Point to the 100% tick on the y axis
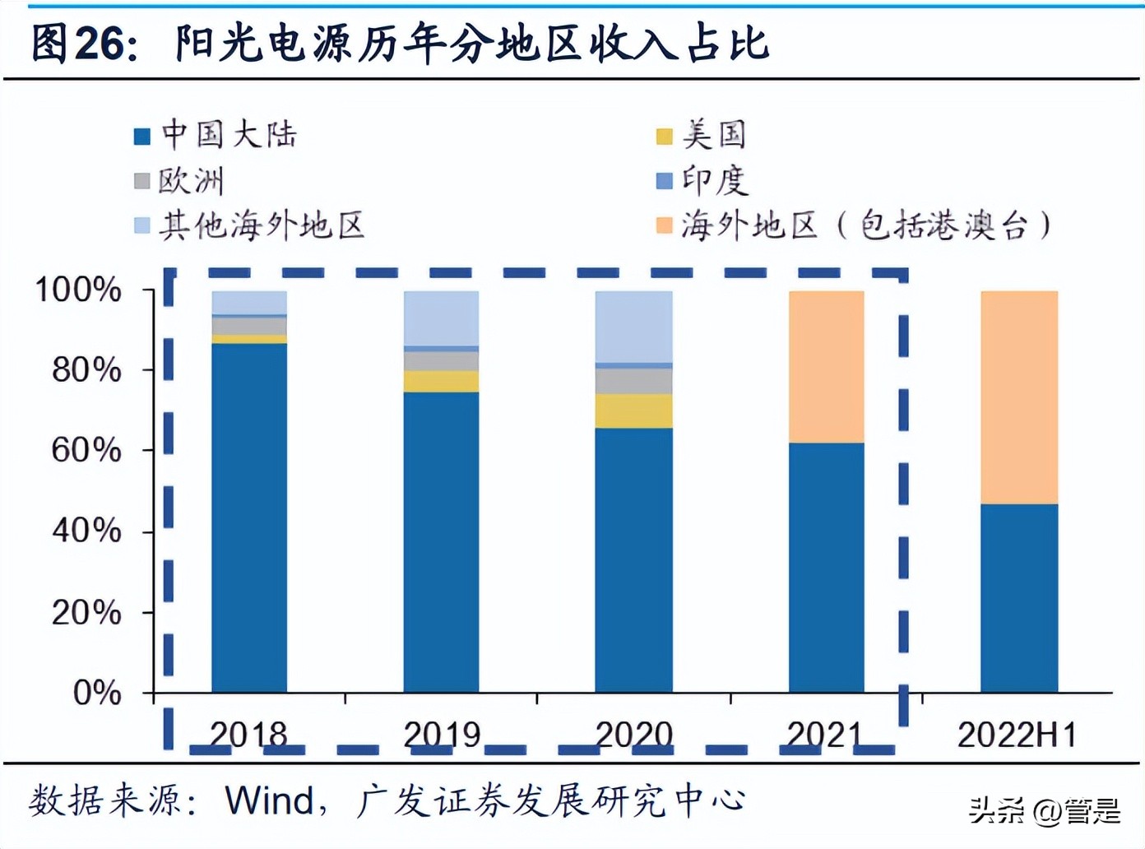click(78, 290)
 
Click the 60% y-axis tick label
click(86, 450)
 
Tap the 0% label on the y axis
click(96, 693)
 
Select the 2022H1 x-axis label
click(1017, 735)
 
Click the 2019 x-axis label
click(442, 735)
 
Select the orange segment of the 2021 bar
click(826, 367)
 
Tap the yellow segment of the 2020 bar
click(633, 411)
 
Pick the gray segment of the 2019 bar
click(441, 361)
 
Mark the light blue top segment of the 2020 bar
click(633, 327)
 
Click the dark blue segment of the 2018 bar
click(249, 518)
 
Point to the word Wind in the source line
click(269, 800)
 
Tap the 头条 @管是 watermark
click(1044, 811)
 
